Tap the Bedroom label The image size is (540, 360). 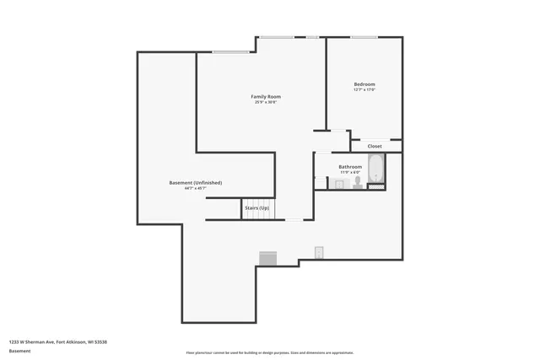click(x=364, y=84)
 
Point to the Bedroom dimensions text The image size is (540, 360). click(x=364, y=90)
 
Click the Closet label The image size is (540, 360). click(x=375, y=146)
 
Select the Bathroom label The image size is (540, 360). click(x=350, y=167)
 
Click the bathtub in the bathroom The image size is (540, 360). click(x=376, y=170)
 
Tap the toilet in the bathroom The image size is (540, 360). click(x=358, y=181)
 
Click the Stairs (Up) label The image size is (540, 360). click(x=257, y=207)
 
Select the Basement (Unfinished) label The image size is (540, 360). click(x=196, y=183)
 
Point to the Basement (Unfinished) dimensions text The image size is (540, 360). click(x=196, y=189)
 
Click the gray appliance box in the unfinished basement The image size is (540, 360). click(x=268, y=258)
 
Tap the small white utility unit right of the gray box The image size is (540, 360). click(x=320, y=252)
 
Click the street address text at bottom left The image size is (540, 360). click(x=57, y=341)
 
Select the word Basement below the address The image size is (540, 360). click(x=19, y=350)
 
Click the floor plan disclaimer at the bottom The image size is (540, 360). click(x=270, y=352)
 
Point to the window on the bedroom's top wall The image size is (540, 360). click(x=364, y=36)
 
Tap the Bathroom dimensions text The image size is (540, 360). click(x=350, y=173)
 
